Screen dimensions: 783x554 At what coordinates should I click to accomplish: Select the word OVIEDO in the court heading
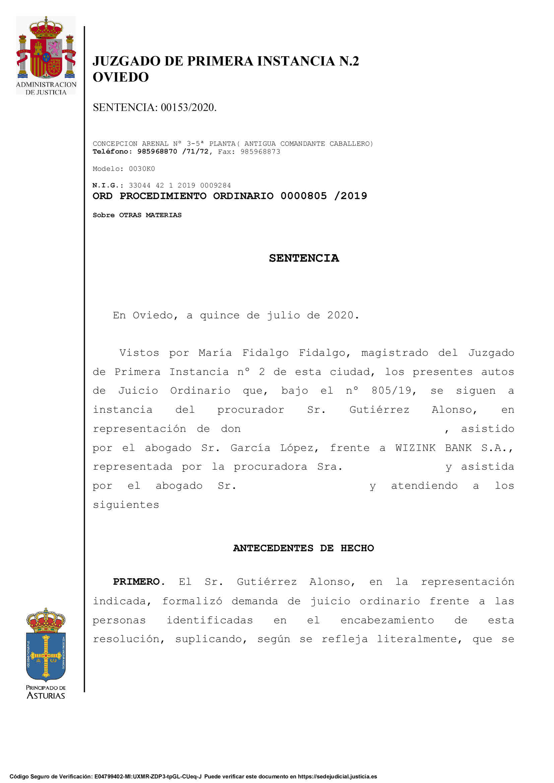(x=121, y=77)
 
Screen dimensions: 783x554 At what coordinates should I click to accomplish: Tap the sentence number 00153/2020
(x=188, y=107)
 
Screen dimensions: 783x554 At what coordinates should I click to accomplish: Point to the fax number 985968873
(x=260, y=152)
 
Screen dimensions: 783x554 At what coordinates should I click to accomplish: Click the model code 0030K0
(x=142, y=169)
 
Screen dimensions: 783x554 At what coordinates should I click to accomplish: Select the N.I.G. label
(x=108, y=185)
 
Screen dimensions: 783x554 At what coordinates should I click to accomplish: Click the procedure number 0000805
(x=303, y=196)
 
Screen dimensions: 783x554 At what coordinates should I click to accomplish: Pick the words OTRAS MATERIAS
(x=150, y=215)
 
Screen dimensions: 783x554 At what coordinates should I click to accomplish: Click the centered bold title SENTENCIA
(x=303, y=258)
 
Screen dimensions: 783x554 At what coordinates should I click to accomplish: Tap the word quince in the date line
(x=219, y=315)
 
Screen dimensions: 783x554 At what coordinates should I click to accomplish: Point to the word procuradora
(x=270, y=467)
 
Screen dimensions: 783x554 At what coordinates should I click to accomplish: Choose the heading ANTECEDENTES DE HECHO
(x=303, y=548)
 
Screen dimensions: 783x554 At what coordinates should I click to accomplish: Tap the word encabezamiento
(x=387, y=620)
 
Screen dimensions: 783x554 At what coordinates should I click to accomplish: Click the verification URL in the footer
(x=337, y=777)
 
